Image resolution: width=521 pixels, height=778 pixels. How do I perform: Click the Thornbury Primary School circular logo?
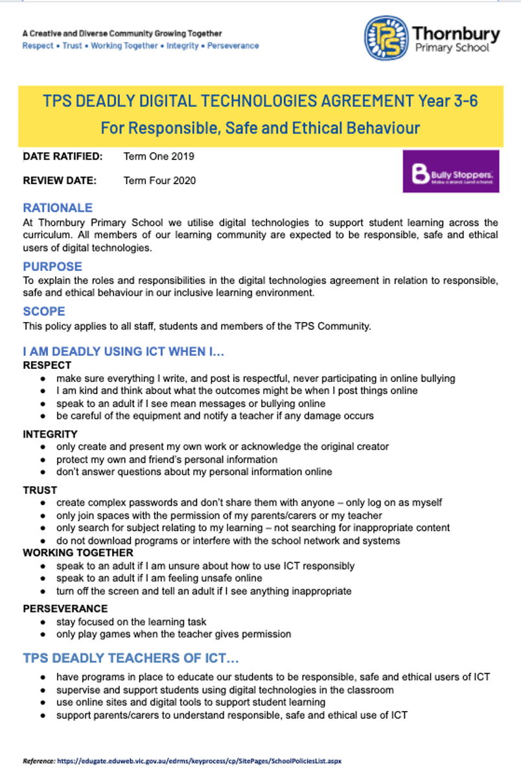point(386,38)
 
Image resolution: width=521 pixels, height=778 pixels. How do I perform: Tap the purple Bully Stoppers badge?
point(451,172)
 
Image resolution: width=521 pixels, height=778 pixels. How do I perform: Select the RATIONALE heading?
point(58,208)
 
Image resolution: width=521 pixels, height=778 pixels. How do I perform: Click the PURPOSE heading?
point(52,266)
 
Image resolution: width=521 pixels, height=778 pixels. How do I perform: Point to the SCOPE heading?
point(44,311)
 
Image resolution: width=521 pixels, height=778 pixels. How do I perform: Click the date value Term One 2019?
point(159,156)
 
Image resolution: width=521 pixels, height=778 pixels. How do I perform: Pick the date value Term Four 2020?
point(159,180)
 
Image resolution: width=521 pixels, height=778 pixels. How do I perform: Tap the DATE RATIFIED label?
point(62,156)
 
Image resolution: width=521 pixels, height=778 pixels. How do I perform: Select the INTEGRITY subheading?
point(50,434)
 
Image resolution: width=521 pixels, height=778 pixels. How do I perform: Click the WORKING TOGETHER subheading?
point(78,552)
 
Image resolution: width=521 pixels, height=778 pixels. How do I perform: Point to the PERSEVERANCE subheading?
point(65,608)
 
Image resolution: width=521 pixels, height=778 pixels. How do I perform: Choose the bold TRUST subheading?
point(40,489)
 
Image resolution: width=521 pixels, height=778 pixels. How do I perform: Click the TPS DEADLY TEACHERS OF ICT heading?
point(131,658)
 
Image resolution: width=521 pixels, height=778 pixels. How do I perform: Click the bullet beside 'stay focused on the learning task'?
point(43,622)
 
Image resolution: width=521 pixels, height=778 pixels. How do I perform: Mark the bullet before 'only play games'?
point(43,634)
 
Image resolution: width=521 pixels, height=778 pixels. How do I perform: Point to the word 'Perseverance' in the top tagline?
point(233,46)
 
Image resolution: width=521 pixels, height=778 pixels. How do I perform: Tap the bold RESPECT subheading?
point(47,365)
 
